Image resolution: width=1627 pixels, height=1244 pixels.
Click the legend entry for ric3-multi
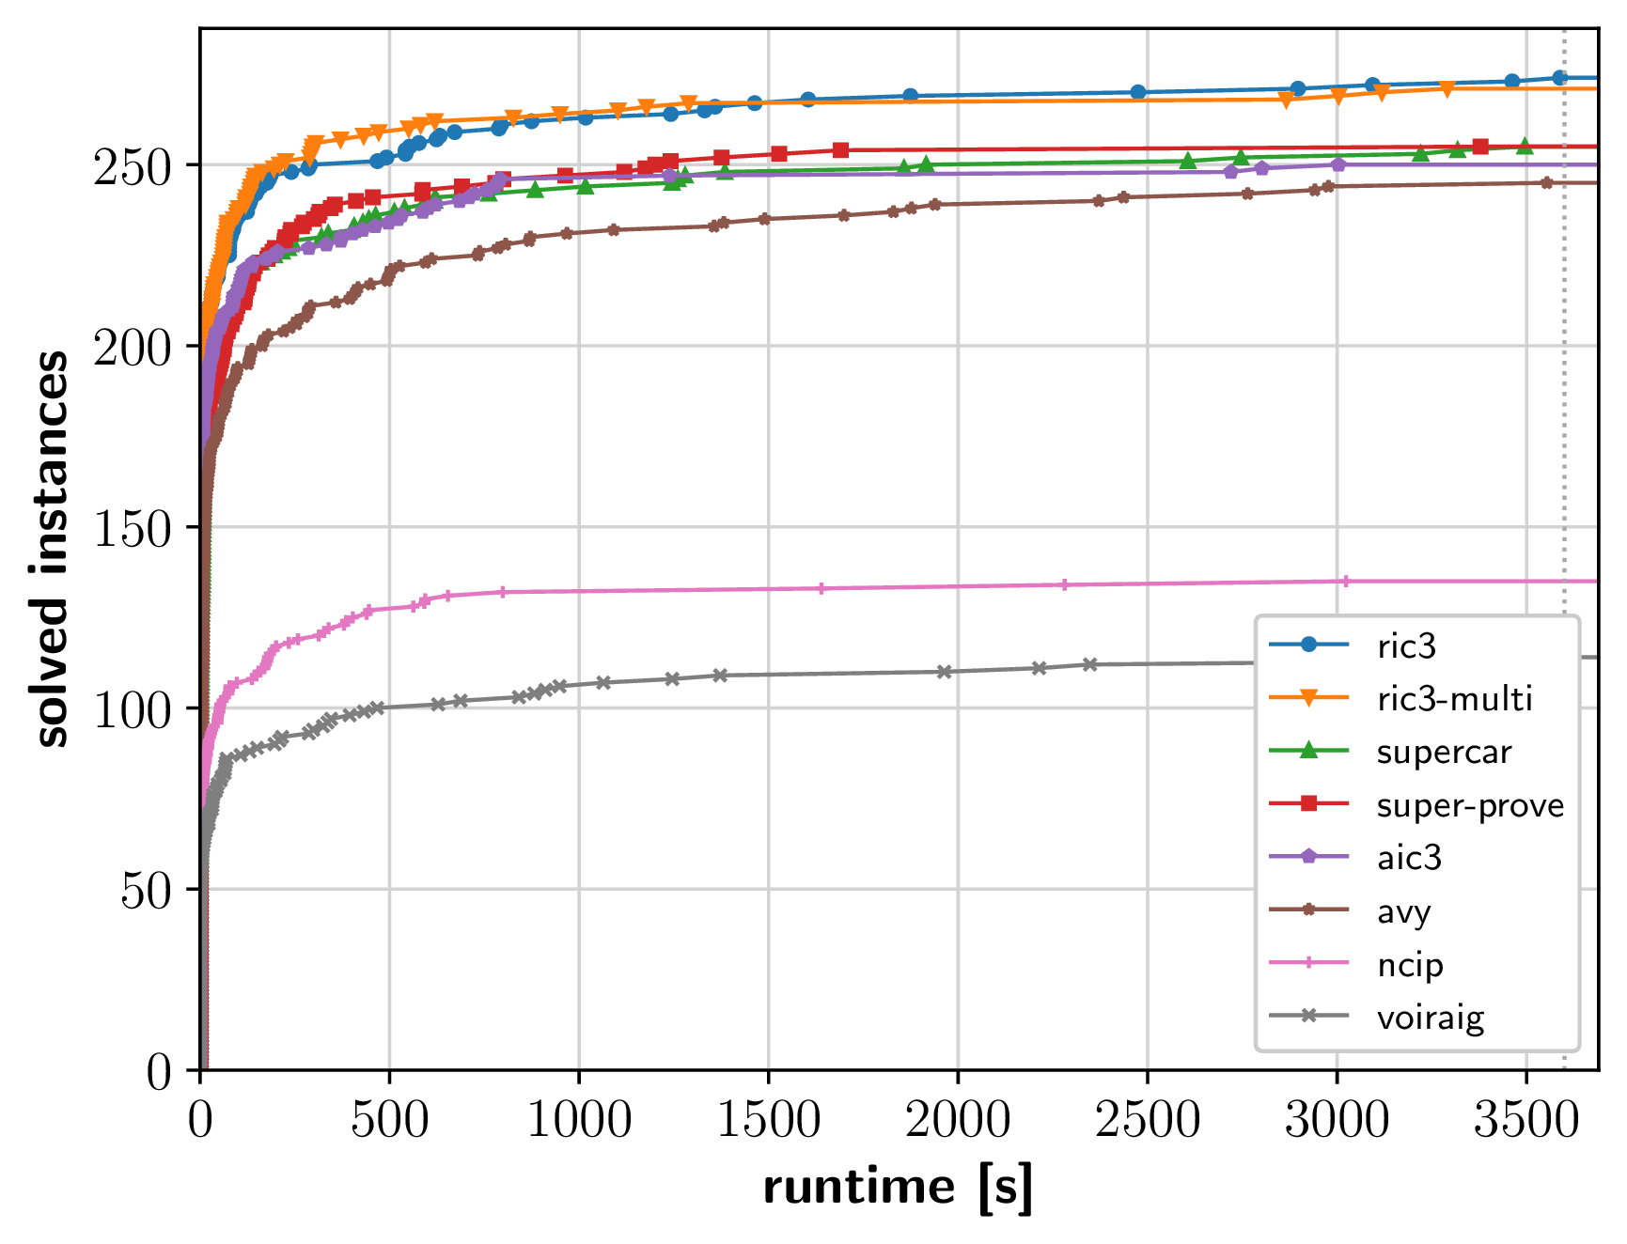(1454, 699)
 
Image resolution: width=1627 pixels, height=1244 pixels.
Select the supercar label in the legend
(1444, 752)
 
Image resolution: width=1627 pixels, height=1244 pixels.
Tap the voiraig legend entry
(1431, 1018)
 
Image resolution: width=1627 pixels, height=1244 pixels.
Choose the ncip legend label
(1410, 965)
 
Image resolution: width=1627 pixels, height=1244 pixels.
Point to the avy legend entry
(1404, 911)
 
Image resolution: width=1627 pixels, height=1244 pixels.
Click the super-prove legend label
(1470, 805)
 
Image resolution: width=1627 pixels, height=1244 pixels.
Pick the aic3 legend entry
(1409, 858)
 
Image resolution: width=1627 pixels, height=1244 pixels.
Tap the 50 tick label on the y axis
(146, 890)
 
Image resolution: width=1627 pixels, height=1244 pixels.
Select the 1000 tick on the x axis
(579, 1119)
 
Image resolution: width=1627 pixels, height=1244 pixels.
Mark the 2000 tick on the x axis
(958, 1119)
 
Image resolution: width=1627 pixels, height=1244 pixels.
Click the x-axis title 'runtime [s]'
(898, 1187)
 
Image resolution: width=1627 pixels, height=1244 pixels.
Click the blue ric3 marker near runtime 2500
(1138, 92)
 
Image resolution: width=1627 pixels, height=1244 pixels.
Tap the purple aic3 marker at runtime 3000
(1338, 164)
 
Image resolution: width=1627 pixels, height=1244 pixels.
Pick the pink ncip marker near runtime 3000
(1345, 582)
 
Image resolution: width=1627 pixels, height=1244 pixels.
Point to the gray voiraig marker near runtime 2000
(945, 672)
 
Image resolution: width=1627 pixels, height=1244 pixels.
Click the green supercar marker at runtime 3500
(1525, 147)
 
